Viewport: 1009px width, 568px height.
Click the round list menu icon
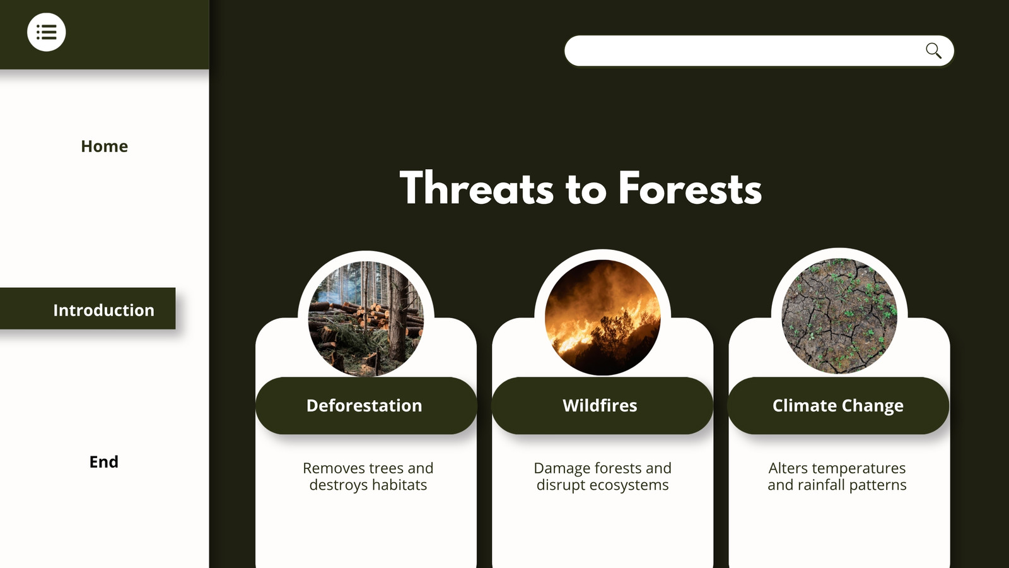coord(47,32)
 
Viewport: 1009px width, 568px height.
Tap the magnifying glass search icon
coord(933,50)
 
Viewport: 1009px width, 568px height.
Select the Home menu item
coord(105,146)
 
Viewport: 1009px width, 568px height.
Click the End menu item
coord(104,461)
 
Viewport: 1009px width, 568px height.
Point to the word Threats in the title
coord(477,188)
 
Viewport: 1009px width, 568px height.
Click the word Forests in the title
coord(690,188)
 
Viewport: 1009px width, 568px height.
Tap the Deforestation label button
coord(366,406)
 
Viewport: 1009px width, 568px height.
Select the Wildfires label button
coord(602,406)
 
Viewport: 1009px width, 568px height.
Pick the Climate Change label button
coord(838,406)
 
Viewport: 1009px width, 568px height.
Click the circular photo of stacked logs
coord(366,318)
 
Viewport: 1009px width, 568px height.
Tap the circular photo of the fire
coord(603,317)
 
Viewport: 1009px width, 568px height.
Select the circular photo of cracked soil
coord(839,316)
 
